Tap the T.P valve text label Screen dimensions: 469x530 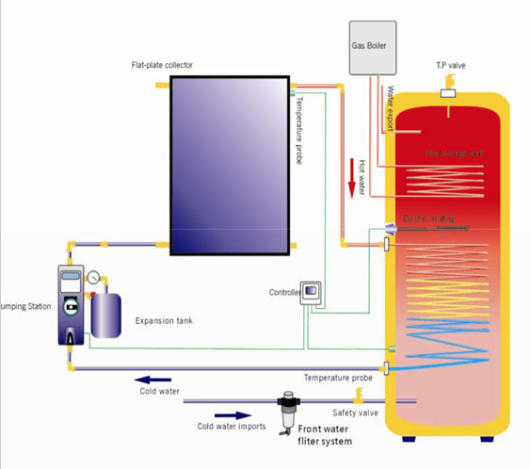tap(451, 65)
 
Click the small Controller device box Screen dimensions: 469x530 tap(311, 292)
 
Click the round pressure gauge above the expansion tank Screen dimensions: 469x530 tap(94, 278)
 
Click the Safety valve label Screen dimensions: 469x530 tap(354, 412)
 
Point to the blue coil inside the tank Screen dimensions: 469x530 tap(442, 334)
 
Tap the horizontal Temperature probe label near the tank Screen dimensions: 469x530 tap(338, 378)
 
